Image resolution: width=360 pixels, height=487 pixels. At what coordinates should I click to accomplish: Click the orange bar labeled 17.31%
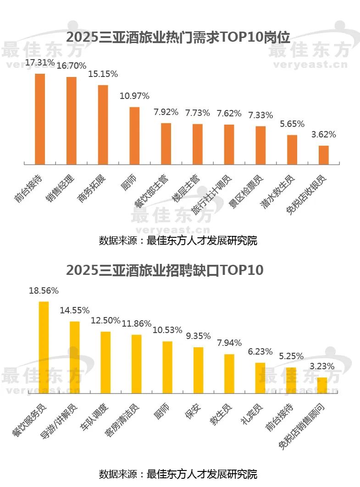coord(40,118)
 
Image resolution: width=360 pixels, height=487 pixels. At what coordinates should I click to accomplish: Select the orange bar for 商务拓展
coord(103,124)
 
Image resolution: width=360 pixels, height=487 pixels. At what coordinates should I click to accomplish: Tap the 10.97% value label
coord(134,96)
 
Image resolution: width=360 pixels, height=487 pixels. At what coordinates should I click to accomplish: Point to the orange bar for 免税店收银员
coord(324,154)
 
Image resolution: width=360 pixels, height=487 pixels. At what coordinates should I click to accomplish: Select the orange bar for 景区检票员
coord(260,145)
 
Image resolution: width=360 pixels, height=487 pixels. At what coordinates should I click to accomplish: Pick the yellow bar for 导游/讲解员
coord(75,357)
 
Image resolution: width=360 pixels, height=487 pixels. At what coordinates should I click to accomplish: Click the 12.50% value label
coord(105,321)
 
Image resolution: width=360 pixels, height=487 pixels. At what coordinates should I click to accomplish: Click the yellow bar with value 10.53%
coord(167,367)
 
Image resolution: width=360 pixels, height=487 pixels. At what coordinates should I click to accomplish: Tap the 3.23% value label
coord(322,367)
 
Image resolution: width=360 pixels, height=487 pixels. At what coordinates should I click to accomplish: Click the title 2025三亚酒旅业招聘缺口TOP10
coord(165,270)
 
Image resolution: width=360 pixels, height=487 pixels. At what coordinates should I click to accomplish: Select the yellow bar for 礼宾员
coord(260,378)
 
